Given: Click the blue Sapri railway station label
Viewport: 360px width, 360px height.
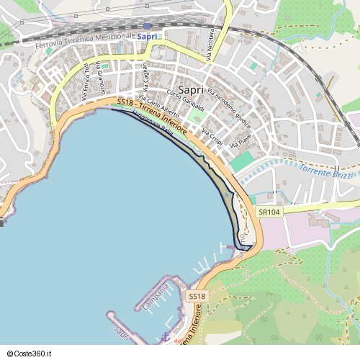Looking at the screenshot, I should click(x=147, y=36).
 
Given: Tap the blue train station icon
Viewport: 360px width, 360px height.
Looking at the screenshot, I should click(x=148, y=25).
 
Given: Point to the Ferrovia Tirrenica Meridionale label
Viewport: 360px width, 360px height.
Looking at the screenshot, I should click(x=85, y=40).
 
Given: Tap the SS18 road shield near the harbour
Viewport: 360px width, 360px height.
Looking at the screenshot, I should click(x=197, y=296).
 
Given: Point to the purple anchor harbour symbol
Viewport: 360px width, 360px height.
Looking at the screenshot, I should click(x=165, y=336).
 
